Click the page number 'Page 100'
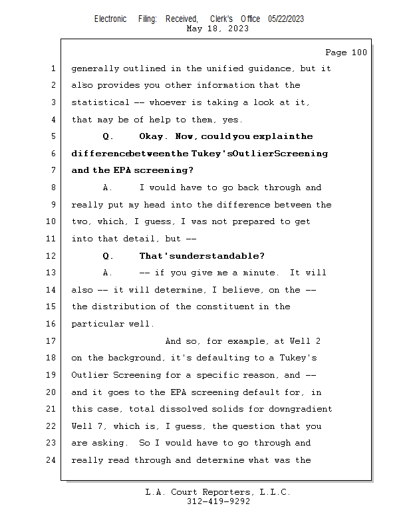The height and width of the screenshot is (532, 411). (x=346, y=53)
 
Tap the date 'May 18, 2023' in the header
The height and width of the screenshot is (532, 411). (x=218, y=29)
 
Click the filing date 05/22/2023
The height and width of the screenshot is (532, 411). (x=286, y=19)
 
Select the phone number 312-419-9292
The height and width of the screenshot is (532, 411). (x=218, y=501)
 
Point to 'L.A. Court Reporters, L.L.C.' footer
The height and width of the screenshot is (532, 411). (x=218, y=492)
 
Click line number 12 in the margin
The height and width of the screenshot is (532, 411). (x=52, y=256)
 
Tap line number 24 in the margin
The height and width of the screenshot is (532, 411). (x=52, y=460)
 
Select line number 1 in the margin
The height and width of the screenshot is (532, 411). (x=52, y=68)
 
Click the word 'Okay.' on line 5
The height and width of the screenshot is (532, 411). (x=154, y=137)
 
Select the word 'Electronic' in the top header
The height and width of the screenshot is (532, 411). (x=110, y=19)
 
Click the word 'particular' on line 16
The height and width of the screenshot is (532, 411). (x=98, y=324)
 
